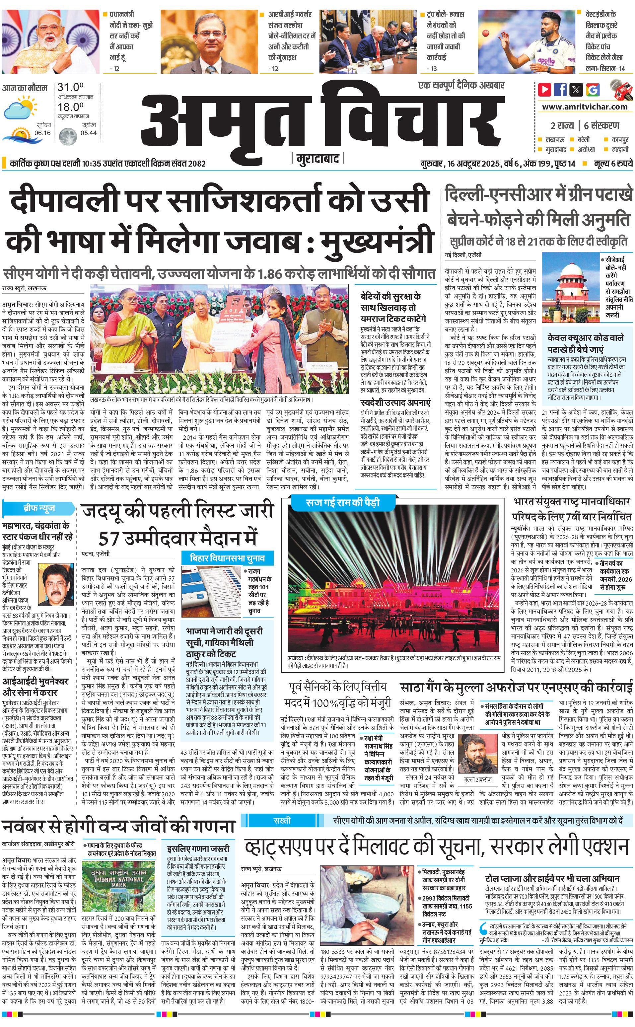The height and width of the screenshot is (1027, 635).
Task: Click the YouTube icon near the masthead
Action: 544,90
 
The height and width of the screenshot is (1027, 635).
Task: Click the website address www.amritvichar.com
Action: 584,107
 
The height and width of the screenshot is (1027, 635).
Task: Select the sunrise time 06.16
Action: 42,133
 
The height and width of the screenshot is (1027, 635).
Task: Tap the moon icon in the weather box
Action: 67,136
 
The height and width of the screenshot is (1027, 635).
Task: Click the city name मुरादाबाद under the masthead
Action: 317,159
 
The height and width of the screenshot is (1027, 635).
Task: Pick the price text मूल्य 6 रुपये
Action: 613,163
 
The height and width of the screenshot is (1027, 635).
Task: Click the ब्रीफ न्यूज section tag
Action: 39,508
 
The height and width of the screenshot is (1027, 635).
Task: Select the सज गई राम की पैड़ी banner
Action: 342,502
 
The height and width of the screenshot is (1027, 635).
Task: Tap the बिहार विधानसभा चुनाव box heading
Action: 227,558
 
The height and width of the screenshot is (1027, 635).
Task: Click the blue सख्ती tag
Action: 282,820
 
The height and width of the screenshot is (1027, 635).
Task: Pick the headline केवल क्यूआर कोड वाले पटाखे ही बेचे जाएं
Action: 585,343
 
